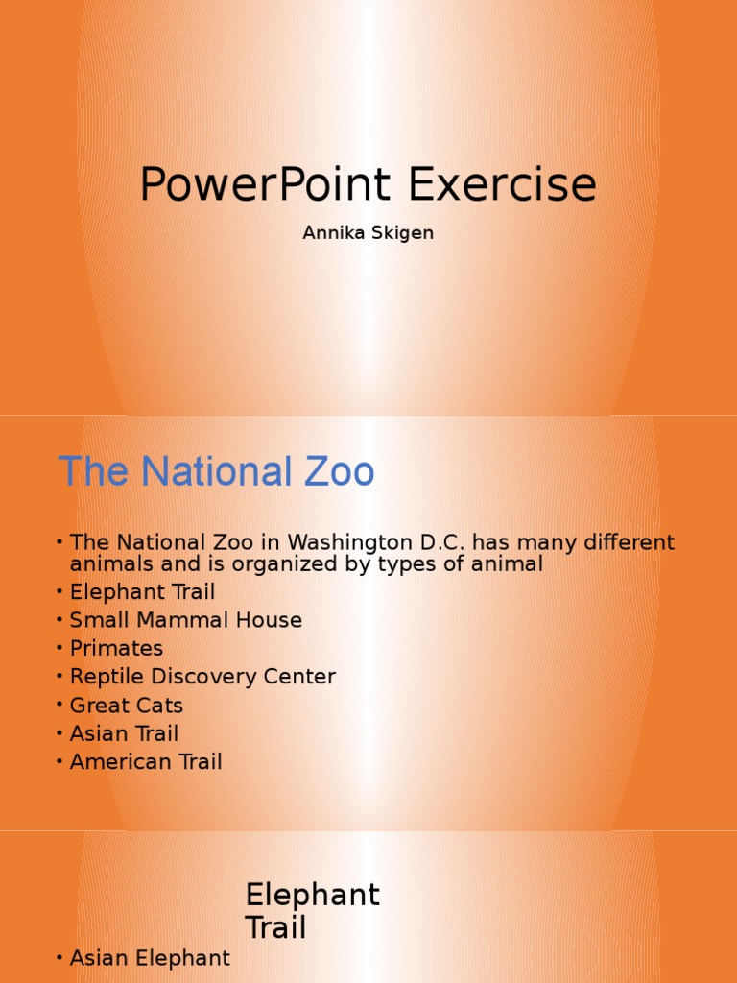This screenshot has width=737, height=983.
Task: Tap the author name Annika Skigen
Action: coord(368,233)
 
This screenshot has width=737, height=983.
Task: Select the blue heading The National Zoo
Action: coord(216,472)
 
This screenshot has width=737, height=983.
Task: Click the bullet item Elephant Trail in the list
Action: coord(142,592)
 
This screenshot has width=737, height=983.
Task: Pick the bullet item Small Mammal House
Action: coord(185,620)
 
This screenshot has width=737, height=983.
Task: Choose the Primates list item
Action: coord(116,649)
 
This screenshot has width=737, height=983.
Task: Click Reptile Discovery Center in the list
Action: coord(202,677)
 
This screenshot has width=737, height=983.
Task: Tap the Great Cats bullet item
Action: coord(126,706)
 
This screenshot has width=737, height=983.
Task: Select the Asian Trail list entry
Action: coord(124,733)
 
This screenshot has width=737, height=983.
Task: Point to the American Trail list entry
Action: coord(146,762)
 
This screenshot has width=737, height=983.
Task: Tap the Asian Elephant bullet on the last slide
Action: coord(150,958)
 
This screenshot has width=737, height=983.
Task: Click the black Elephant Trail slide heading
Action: coord(312,912)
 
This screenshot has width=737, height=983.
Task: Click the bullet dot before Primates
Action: coord(59,650)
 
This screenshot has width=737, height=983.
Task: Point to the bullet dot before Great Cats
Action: coord(59,707)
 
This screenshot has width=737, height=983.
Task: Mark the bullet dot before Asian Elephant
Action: coord(59,959)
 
